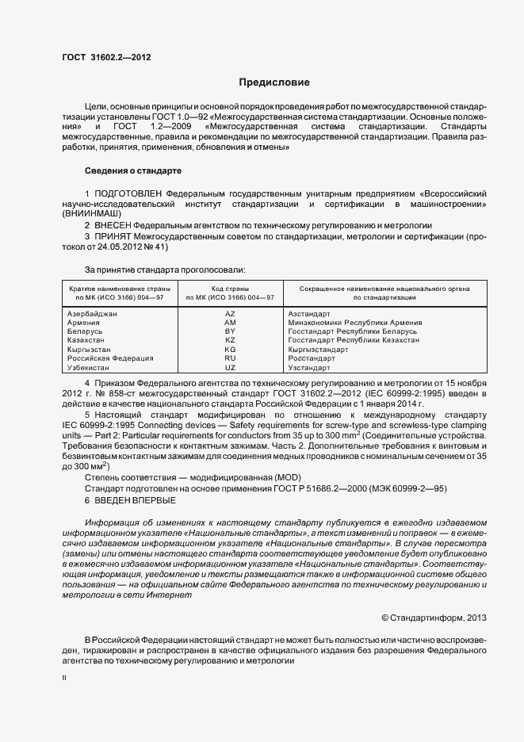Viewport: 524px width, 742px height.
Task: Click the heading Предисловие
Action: tap(274, 82)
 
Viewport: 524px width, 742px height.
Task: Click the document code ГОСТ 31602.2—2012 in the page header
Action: tap(106, 57)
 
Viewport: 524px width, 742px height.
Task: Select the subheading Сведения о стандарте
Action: tap(133, 170)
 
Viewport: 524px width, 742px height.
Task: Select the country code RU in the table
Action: tap(230, 358)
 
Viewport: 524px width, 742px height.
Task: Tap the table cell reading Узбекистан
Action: tap(89, 368)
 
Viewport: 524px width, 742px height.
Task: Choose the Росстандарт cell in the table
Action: tap(312, 358)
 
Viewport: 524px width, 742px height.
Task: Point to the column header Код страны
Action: tap(230, 289)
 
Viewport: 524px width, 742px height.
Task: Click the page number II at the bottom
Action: tap(64, 678)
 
